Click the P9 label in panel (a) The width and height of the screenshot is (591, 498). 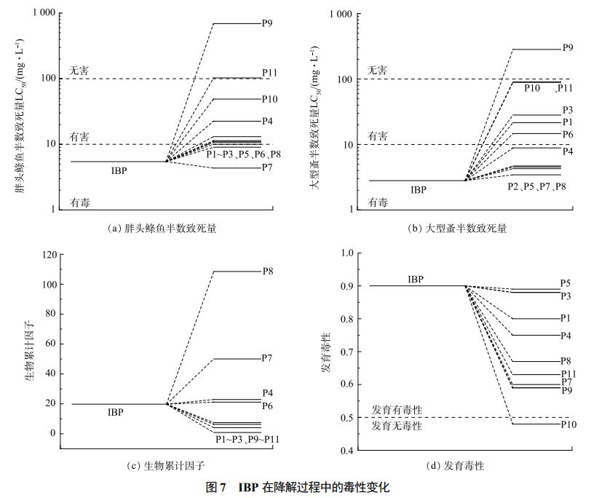coord(268,23)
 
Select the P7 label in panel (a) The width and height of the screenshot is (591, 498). coord(268,168)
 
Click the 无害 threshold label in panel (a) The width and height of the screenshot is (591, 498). coord(79,70)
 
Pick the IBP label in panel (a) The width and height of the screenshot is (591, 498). coord(121,170)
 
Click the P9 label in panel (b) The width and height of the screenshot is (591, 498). coord(568,48)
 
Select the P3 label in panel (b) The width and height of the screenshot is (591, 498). coord(568,110)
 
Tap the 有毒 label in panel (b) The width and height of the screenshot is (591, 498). coord(378,202)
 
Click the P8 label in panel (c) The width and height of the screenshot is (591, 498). coord(268,272)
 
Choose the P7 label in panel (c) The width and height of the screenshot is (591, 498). coord(268,358)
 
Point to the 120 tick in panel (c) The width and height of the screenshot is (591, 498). coord(48,255)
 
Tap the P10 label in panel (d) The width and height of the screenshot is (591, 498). coord(568,424)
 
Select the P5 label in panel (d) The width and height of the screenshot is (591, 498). coord(566,282)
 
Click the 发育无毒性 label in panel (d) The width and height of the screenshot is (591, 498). coord(397,425)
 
